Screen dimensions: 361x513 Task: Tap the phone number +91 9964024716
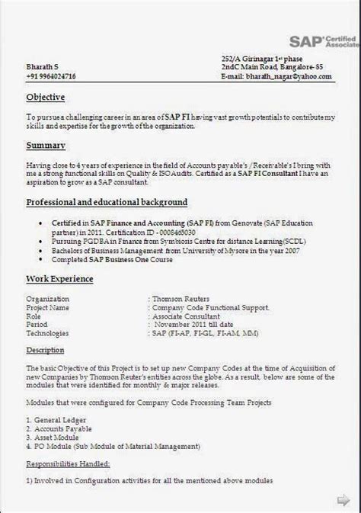coord(51,76)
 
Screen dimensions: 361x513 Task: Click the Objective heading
coord(46,98)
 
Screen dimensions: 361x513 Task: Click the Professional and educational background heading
coord(107,202)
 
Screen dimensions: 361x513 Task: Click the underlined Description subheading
coord(46,350)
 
